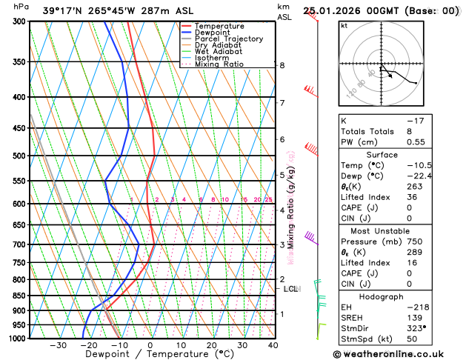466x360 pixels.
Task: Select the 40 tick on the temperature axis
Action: (x=273, y=345)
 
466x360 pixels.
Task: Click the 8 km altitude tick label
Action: (x=282, y=65)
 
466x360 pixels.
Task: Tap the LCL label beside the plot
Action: (x=290, y=289)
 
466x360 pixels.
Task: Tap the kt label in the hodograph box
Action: (x=344, y=25)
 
